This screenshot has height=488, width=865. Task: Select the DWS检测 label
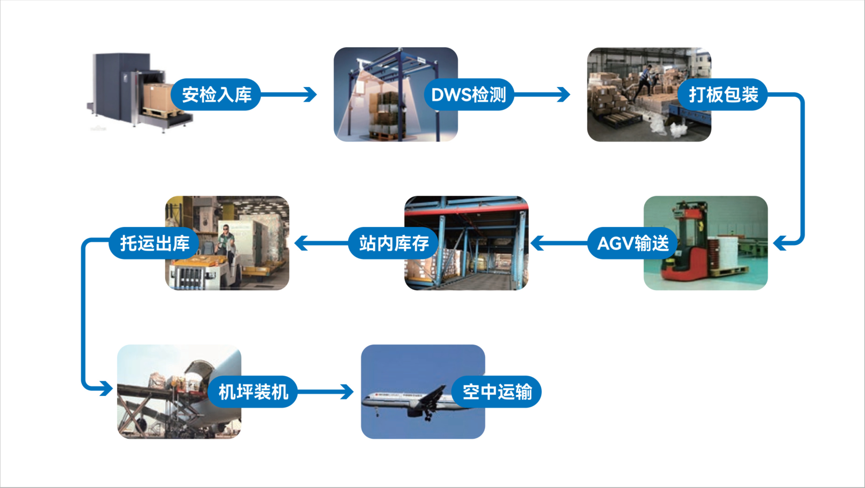pyautogui.click(x=469, y=94)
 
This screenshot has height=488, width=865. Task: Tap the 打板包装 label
pyautogui.click(x=723, y=94)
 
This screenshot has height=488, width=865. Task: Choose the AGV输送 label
pyautogui.click(x=633, y=243)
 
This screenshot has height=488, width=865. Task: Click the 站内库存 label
pyautogui.click(x=393, y=243)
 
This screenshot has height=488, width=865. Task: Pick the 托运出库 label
pyautogui.click(x=154, y=243)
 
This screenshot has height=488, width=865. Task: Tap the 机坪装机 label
pyautogui.click(x=253, y=392)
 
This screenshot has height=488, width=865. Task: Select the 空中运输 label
pyautogui.click(x=497, y=392)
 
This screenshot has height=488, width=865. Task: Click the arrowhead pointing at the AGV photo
pyautogui.click(x=780, y=243)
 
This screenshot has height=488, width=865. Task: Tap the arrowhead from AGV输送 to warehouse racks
pyautogui.click(x=537, y=243)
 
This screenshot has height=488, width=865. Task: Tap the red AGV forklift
pyautogui.click(x=685, y=248)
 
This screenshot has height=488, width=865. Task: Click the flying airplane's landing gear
pyautogui.click(x=428, y=416)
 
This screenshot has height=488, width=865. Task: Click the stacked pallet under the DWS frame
pyautogui.click(x=386, y=114)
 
